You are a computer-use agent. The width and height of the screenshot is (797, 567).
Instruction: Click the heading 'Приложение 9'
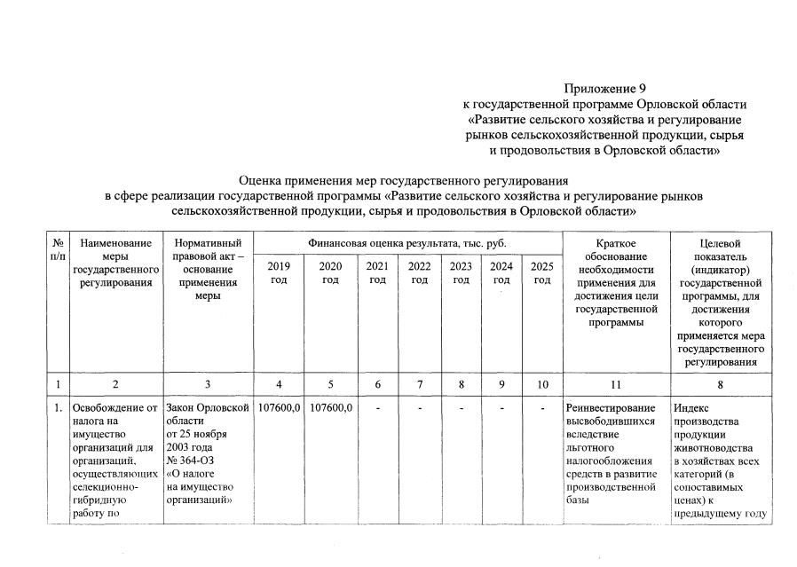click(x=605, y=89)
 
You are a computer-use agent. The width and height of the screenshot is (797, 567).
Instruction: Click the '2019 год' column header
click(x=278, y=272)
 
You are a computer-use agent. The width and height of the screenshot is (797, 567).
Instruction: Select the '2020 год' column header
click(x=330, y=272)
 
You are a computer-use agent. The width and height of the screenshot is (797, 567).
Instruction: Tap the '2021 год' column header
click(x=377, y=272)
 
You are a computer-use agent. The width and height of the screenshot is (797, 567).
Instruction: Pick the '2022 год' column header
click(x=419, y=272)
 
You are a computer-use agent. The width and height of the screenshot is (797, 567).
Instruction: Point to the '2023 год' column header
click(x=461, y=272)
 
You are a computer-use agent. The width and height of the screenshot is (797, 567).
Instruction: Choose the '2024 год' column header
click(x=501, y=272)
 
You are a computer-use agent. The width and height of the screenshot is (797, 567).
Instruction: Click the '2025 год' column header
click(x=542, y=272)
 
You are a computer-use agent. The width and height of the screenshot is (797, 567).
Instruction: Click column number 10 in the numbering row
click(x=542, y=385)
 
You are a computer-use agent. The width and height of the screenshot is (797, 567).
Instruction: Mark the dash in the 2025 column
click(x=542, y=408)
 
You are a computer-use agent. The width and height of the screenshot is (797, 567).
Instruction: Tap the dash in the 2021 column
click(x=377, y=408)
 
